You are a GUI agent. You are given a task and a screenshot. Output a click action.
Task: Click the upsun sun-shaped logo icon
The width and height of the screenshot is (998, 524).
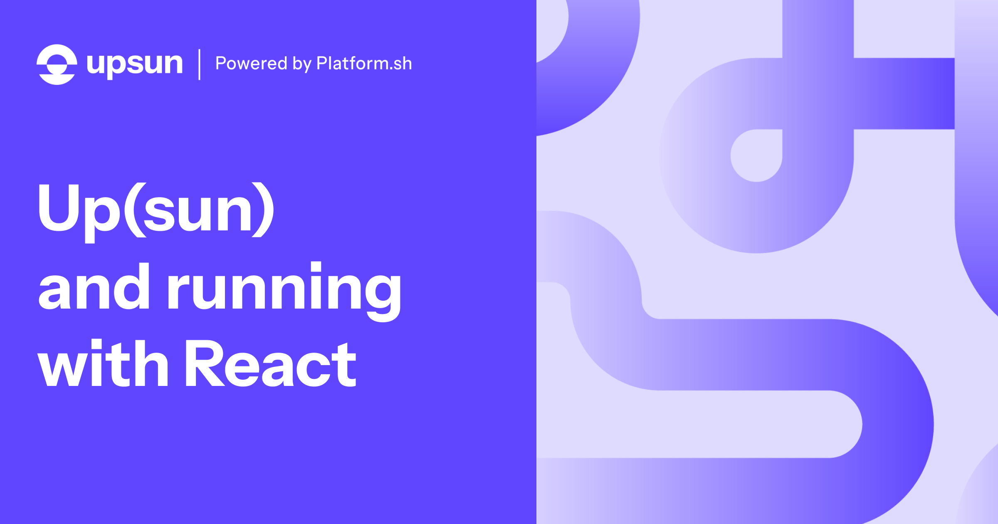(57, 64)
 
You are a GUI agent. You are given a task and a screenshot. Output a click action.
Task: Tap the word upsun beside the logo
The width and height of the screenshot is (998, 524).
(134, 64)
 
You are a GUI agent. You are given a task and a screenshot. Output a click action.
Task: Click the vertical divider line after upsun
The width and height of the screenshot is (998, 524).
(200, 64)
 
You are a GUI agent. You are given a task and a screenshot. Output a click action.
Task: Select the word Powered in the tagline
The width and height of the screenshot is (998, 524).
(251, 64)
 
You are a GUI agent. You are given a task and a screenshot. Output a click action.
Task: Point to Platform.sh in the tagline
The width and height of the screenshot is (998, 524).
(364, 64)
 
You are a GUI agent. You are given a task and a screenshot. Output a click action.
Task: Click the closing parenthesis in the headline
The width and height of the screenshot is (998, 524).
(263, 210)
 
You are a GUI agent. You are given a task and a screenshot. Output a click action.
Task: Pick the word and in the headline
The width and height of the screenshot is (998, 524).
(94, 287)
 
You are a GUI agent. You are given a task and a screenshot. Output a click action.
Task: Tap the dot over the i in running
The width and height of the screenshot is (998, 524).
(316, 267)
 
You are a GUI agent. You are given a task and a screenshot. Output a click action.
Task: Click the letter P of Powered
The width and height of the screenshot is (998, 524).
(221, 63)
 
